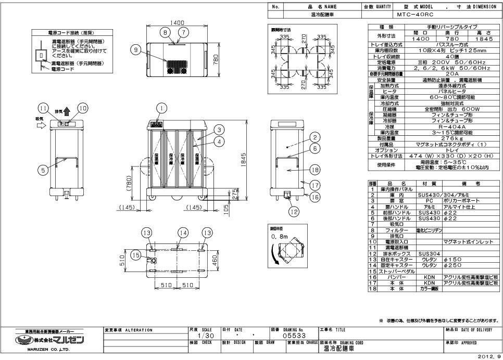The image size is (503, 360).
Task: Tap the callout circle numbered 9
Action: click(x=136, y=50)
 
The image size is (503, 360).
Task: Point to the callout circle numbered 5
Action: click(x=44, y=170)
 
